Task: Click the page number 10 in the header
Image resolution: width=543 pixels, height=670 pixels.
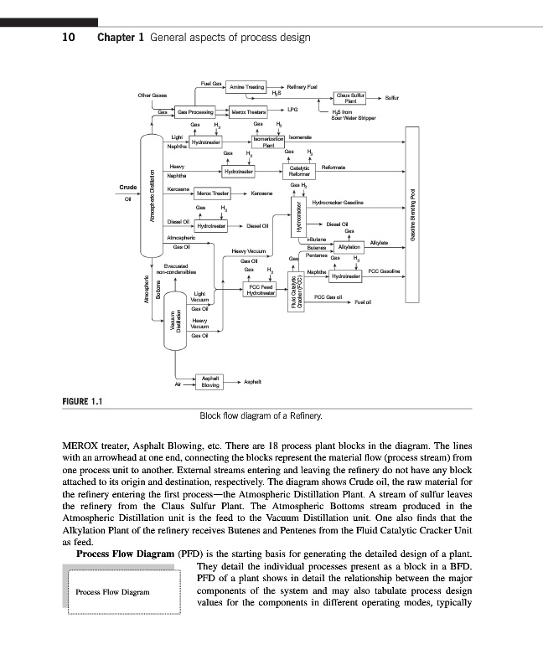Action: [x=71, y=37]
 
